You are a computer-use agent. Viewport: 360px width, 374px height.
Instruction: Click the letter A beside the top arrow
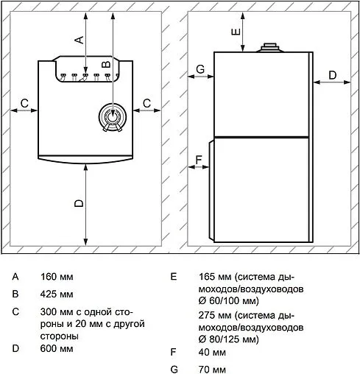coord(80,40)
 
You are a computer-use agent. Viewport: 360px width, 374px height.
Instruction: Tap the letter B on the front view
coord(106,64)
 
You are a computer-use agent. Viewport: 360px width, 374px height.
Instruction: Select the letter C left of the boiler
coord(24,103)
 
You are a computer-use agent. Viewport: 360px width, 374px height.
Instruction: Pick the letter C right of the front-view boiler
coord(147,103)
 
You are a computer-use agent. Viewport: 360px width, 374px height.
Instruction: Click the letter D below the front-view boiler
coord(79,203)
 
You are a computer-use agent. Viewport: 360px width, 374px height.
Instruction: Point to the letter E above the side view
coord(236,32)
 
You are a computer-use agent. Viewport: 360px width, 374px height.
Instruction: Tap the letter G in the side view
coord(200,69)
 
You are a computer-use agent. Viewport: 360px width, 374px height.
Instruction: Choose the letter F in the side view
coord(199,160)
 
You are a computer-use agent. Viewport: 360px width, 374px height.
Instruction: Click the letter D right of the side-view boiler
coord(332,75)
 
